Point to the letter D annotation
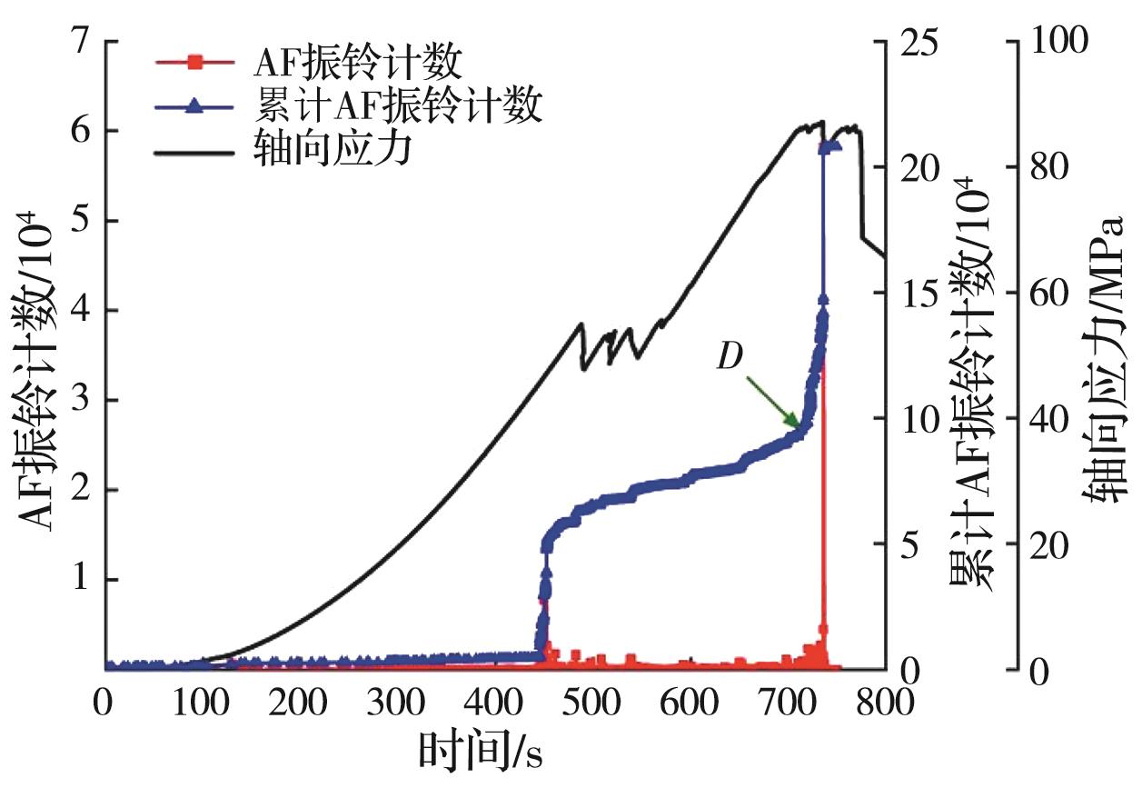click(x=728, y=357)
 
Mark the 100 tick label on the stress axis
click(x=1058, y=42)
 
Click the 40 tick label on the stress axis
click(x=1050, y=419)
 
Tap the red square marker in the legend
click(x=193, y=64)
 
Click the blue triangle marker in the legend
click(x=193, y=106)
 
